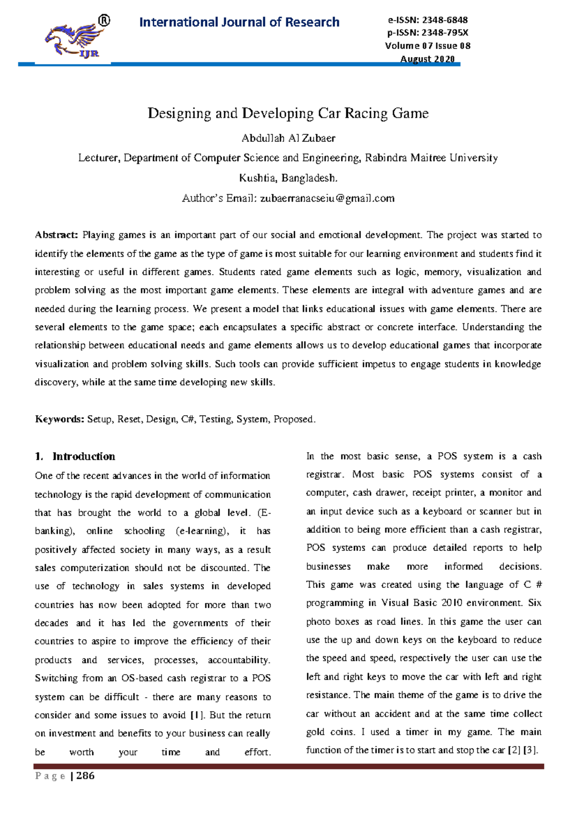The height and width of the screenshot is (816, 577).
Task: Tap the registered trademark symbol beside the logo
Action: coord(104,21)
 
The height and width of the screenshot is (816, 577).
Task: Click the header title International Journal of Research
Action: coord(239,22)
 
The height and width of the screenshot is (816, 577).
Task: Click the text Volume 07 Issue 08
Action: coord(427,46)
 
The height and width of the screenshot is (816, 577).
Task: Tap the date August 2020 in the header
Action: coord(427,59)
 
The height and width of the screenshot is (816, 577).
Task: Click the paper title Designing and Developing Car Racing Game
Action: coord(288,114)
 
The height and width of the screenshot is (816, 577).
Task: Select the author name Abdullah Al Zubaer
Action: coord(288,139)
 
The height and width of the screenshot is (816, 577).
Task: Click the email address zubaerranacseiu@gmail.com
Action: coord(327,198)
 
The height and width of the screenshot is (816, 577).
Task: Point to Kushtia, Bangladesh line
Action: coord(288,178)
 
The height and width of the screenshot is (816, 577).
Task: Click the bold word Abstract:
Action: coord(56,235)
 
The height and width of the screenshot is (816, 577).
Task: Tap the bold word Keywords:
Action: coord(60,419)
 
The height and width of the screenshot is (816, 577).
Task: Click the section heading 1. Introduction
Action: coord(75,456)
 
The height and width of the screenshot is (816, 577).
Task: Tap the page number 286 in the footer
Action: coord(85,776)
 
